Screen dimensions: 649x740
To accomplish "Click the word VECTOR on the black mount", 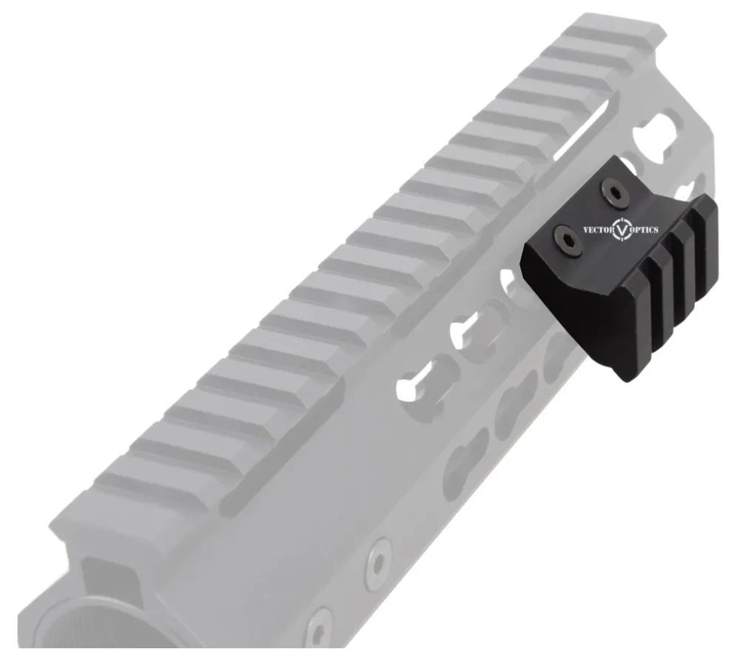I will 598,230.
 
